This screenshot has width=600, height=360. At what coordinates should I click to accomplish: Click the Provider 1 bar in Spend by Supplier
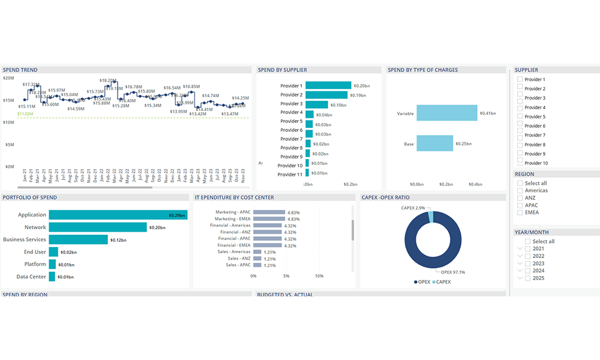click(328, 85)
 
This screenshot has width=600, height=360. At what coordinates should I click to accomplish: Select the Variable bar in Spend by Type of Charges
click(446, 113)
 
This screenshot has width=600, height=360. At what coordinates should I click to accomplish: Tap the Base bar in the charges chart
click(434, 143)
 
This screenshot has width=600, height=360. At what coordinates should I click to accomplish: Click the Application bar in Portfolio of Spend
click(118, 215)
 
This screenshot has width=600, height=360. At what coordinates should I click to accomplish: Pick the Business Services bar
click(78, 239)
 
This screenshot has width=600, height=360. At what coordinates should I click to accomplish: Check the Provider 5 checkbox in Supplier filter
click(520, 116)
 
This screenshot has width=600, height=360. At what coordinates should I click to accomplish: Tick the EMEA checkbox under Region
click(520, 212)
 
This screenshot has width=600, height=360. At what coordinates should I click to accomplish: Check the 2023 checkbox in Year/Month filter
click(527, 263)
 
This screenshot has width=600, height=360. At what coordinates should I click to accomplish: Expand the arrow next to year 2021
click(520, 249)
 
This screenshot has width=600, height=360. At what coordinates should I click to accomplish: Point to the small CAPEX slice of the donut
click(430, 215)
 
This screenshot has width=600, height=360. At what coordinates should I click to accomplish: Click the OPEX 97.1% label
click(452, 272)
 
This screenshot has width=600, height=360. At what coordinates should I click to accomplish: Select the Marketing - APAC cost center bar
click(268, 212)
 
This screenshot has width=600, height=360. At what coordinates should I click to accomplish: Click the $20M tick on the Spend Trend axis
click(8, 78)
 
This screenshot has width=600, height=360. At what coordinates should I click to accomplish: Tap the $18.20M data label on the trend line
click(108, 80)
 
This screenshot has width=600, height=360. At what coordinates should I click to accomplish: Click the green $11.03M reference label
click(25, 113)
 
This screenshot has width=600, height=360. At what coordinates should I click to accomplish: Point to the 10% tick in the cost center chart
click(319, 277)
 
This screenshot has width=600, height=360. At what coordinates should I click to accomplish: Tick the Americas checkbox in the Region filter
click(520, 191)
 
